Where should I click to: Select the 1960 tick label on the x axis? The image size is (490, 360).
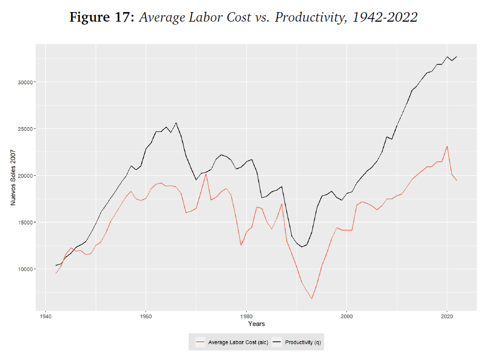146,317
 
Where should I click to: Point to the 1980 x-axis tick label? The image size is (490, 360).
246,317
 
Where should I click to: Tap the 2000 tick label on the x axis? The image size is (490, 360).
346,317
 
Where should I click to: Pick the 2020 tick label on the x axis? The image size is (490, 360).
447,317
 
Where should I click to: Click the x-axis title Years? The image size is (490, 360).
256,324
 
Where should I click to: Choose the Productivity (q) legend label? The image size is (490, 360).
302,342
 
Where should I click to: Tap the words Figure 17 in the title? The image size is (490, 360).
101,18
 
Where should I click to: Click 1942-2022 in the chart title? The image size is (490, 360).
385,18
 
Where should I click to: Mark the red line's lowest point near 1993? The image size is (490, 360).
312,299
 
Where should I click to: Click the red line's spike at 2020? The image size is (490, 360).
447,147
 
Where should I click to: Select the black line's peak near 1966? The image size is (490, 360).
176,122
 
